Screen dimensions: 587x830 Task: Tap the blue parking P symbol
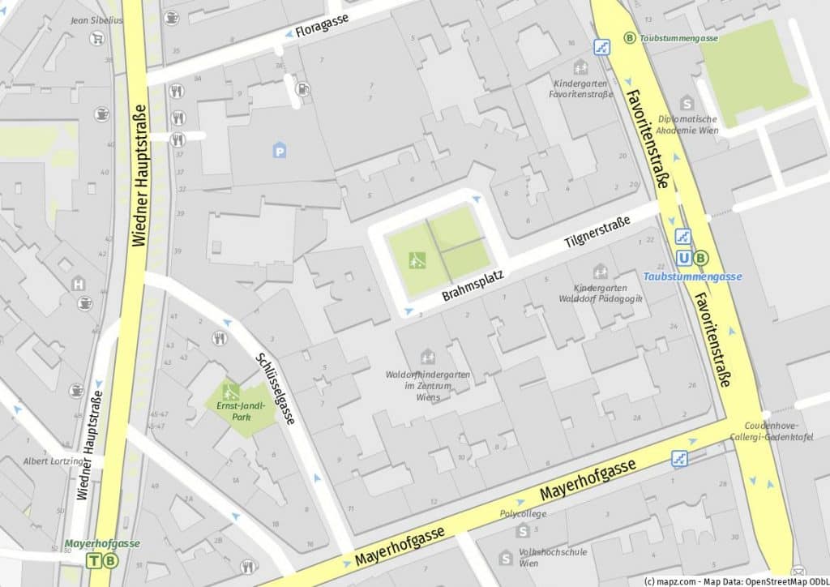coord(280,149)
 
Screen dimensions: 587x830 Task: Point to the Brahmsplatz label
coord(473,286)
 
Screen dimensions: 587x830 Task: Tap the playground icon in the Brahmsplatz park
coord(417,259)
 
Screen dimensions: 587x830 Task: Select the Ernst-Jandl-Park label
coord(238,411)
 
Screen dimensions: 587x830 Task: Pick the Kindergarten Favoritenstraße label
coord(580,89)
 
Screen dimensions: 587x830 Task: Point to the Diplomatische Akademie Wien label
coord(687,124)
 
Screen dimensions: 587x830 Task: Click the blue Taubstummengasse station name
coord(692,276)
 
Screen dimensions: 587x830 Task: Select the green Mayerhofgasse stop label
coord(102,543)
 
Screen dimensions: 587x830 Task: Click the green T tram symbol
coord(96,560)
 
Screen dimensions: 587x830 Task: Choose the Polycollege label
coord(523,513)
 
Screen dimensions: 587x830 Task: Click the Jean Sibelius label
coord(97,20)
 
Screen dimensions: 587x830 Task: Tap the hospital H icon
coord(78,284)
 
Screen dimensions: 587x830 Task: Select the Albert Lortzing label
coord(53,461)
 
